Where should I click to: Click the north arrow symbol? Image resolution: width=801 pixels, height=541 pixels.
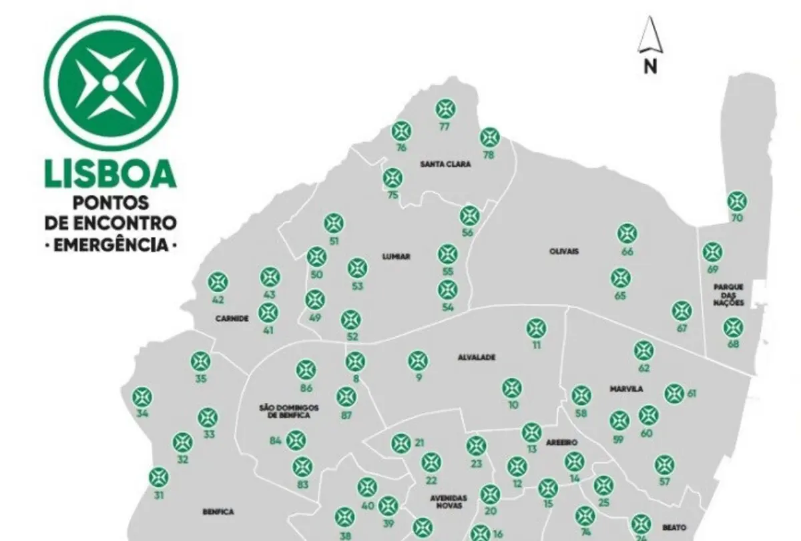(x=649, y=37)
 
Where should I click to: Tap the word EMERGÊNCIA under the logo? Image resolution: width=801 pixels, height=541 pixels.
(x=110, y=244)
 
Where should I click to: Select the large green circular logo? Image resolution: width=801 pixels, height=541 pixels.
(x=110, y=83)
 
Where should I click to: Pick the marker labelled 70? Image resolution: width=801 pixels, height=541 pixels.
(x=736, y=201)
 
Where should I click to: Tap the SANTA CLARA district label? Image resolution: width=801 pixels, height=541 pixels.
(x=446, y=163)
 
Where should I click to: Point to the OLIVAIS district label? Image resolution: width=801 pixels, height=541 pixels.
(x=564, y=251)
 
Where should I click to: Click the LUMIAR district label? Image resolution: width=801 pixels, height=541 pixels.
(x=396, y=257)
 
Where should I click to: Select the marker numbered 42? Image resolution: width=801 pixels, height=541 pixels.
(x=218, y=282)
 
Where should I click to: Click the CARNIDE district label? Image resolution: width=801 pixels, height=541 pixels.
(x=232, y=319)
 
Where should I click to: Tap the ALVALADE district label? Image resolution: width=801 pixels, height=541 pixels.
(x=477, y=358)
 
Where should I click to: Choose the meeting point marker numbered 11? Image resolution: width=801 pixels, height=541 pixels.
(x=536, y=328)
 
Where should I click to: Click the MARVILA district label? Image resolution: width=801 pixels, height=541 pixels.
(x=625, y=389)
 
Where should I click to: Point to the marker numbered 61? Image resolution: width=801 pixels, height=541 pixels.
(x=674, y=394)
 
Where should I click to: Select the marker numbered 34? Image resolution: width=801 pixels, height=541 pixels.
(x=142, y=398)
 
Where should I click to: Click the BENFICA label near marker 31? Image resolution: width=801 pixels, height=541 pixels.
(x=218, y=512)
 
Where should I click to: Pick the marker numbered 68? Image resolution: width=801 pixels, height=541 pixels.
(x=733, y=327)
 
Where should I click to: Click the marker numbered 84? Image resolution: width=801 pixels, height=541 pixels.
(x=296, y=440)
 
